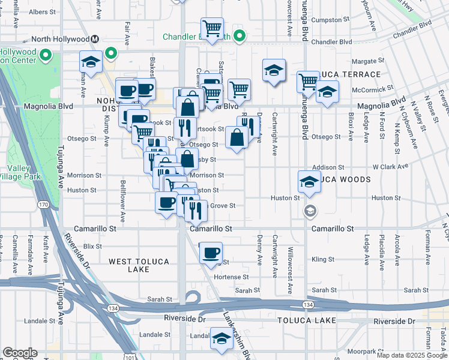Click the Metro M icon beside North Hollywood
[95, 39]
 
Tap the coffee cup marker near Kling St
[210, 253]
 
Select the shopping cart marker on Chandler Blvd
[212, 28]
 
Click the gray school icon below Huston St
[310, 210]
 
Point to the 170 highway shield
[42, 205]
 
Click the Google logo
[19, 353]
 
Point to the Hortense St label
[231, 277]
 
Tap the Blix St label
[92, 246]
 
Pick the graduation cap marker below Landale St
[221, 338]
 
